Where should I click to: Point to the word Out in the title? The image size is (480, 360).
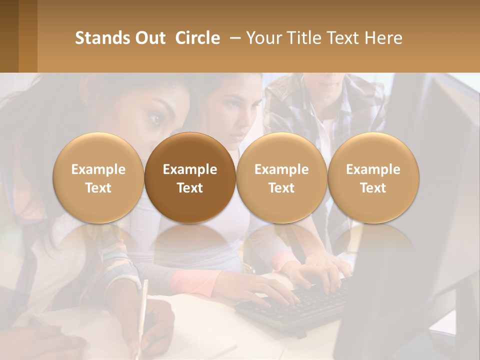tap(149, 38)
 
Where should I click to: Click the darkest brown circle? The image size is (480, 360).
tap(190, 178)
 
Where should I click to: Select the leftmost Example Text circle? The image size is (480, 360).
tap(98, 178)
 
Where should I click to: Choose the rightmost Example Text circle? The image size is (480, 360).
tap(373, 178)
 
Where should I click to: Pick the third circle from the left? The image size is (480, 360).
tap(281, 178)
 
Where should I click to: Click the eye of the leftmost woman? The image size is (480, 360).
tap(155, 118)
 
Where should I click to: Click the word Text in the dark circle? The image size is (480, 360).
tap(190, 188)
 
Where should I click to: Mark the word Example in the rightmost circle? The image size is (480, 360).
tap(373, 169)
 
